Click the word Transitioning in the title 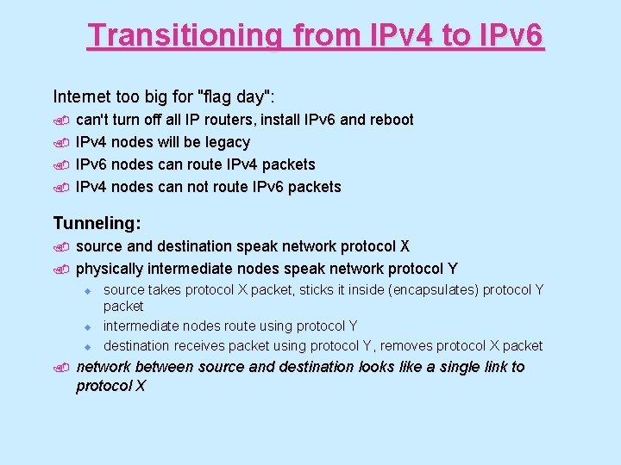(x=185, y=36)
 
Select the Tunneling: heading (x=97, y=223)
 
